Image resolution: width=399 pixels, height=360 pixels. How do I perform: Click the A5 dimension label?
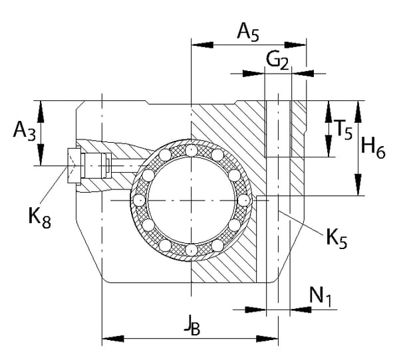click(x=248, y=32)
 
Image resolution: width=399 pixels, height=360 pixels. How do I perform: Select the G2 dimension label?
click(x=277, y=61)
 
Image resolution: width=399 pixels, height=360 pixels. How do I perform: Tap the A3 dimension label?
click(x=24, y=132)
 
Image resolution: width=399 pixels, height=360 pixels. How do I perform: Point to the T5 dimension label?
click(x=343, y=130)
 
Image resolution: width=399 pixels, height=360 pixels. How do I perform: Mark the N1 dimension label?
click(x=321, y=296)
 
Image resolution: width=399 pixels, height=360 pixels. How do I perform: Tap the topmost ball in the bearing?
click(x=192, y=151)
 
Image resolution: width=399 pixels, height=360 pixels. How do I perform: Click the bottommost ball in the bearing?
click(x=192, y=250)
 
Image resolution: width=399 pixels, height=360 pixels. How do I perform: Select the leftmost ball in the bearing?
click(x=139, y=200)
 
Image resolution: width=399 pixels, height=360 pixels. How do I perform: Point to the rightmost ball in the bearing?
click(x=243, y=200)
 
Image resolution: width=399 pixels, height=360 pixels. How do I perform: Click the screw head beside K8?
click(x=73, y=165)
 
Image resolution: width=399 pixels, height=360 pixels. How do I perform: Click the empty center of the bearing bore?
click(x=192, y=200)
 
